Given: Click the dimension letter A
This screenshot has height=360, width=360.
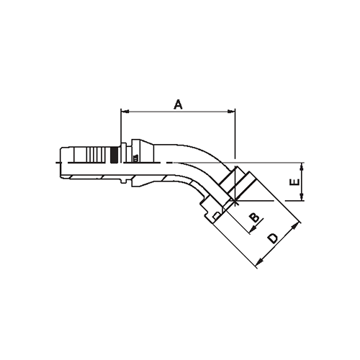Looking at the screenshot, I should click(x=178, y=104).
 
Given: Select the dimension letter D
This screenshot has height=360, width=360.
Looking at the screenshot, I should click(x=273, y=238).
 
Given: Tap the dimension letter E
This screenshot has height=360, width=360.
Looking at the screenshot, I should click(x=294, y=184).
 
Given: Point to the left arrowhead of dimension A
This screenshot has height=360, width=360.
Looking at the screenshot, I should click(x=124, y=112).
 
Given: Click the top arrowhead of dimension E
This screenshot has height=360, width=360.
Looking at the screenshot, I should click(x=302, y=166).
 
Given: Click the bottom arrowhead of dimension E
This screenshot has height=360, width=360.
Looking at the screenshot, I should click(x=302, y=199).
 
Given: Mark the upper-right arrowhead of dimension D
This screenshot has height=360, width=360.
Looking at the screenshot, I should click(x=296, y=226).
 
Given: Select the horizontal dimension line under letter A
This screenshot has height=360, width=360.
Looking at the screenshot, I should click(x=178, y=112).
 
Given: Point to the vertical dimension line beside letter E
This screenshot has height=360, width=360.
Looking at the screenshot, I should click(x=302, y=183).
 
